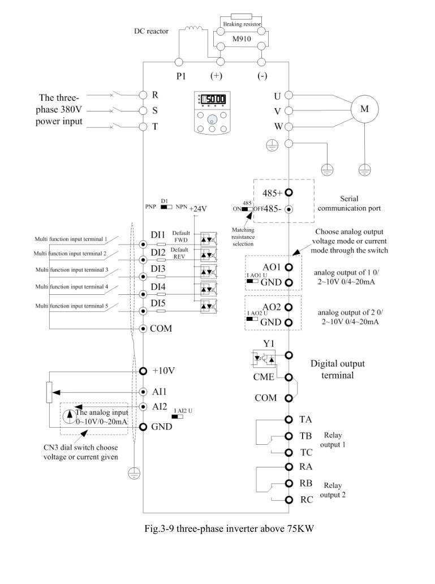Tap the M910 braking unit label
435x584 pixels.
coord(242,38)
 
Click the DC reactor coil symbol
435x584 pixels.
coord(193,28)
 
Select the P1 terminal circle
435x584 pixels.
coord(179,62)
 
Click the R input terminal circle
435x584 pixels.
coord(143,95)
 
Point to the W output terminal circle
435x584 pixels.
coord(288,127)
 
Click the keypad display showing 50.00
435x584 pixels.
coord(213,99)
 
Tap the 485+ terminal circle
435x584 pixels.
coord(288,192)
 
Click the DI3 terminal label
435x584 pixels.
coord(158,269)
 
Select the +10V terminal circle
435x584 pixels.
coord(143,371)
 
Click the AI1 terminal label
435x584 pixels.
coord(159,392)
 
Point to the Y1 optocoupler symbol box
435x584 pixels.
coord(264,358)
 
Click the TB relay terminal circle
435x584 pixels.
coord(288,436)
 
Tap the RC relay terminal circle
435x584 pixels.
coord(288,500)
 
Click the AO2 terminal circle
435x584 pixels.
coord(288,307)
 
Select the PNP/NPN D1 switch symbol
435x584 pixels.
coord(166,207)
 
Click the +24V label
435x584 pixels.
coord(198,209)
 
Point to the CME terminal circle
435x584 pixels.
coord(288,377)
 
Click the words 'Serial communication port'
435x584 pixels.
coord(350,203)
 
